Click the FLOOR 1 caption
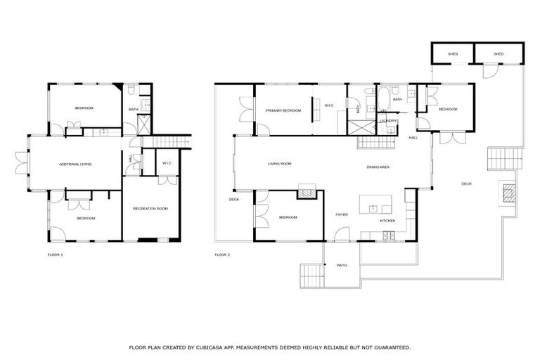[x=55, y=254]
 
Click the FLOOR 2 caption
[x=223, y=254]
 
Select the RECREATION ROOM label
[x=150, y=209]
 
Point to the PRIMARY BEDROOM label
[x=283, y=110]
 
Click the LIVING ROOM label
[x=279, y=165]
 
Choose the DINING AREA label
[x=378, y=167]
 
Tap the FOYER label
[x=342, y=215]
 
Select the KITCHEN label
[x=387, y=221]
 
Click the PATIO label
[x=341, y=266]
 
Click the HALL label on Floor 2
[x=413, y=138]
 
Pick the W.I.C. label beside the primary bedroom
[x=328, y=106]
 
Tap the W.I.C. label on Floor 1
[x=167, y=164]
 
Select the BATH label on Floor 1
[x=133, y=109]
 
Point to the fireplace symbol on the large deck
[x=508, y=191]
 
